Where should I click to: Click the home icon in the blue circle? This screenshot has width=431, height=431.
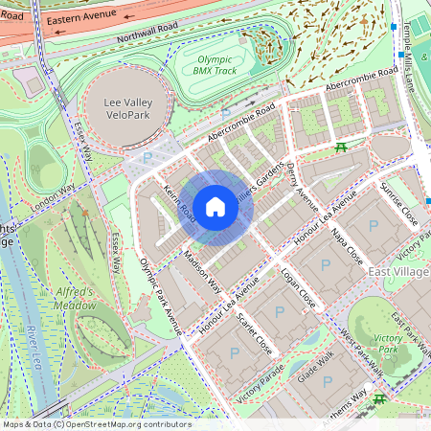[x=215, y=206]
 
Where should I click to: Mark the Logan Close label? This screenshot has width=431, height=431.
[x=298, y=298]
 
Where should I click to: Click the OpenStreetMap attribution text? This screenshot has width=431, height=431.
[x=97, y=423]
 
